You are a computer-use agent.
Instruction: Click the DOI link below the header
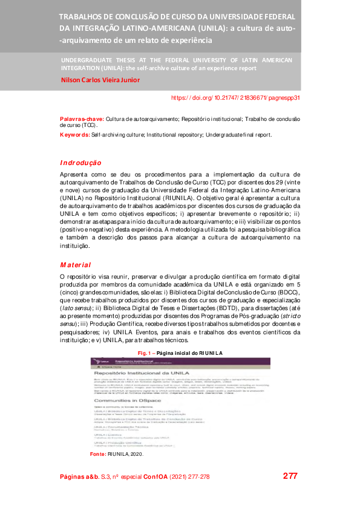coord(235,97)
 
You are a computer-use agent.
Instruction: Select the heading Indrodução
coord(80,163)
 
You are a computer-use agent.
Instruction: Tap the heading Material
coord(75,265)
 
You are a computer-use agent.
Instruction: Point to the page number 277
coord(290,476)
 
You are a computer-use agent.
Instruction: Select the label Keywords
coord(75,135)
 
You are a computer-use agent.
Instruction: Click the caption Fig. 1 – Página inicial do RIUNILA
coord(180,352)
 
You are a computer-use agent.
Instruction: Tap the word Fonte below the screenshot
coord(97,453)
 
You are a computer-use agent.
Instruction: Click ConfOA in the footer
coord(155,477)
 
